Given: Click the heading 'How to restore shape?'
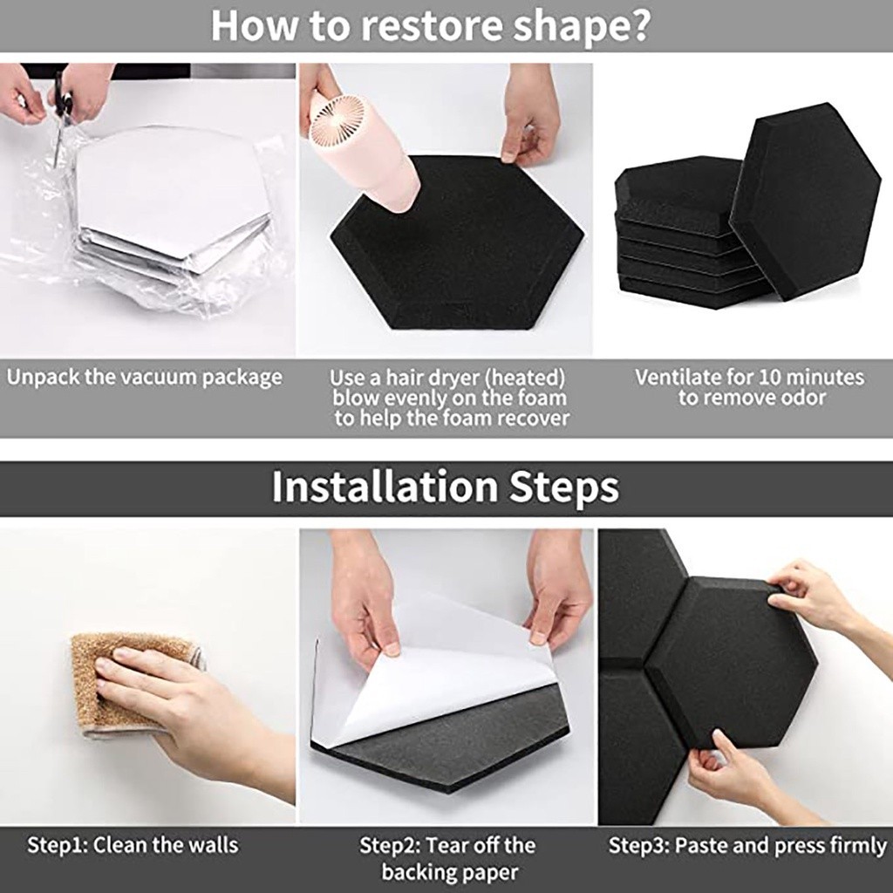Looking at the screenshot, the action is coord(430,25).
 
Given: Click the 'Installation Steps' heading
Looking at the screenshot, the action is coord(446,486).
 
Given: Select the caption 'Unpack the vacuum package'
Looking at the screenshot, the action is coord(144,378).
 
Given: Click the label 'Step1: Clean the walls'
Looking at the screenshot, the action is coord(133,845).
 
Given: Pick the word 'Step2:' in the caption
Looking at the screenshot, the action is coord(388,845).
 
